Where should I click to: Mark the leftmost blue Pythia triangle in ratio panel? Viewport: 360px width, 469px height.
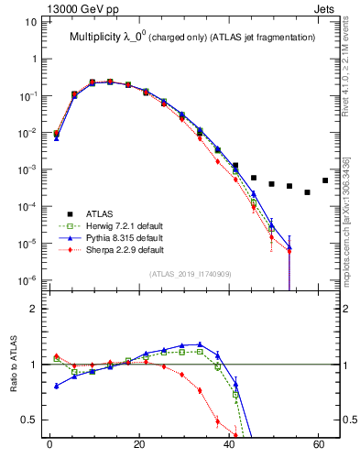click(x=57, y=386)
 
